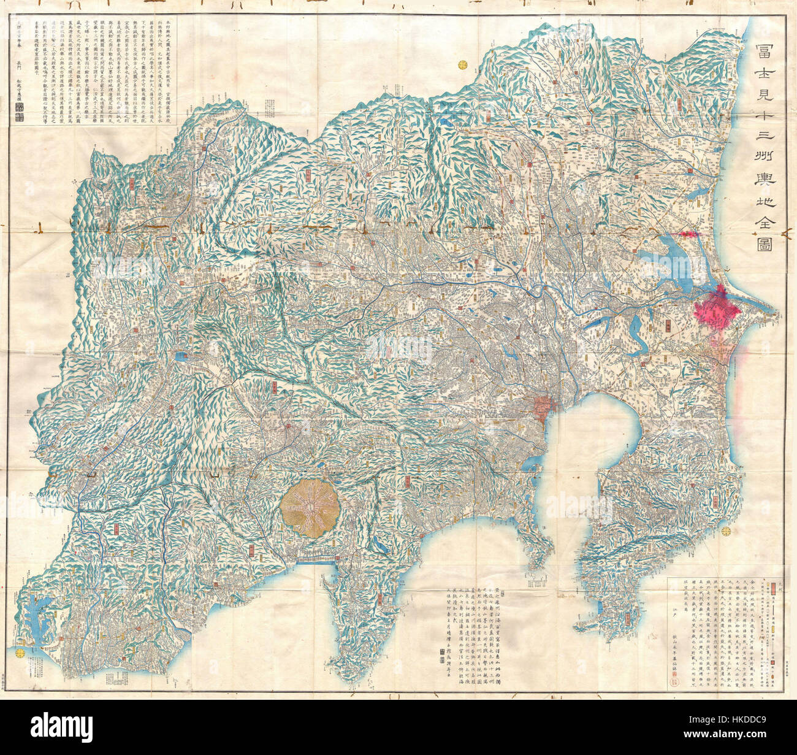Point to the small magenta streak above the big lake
pyautogui.click(x=687, y=234)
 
